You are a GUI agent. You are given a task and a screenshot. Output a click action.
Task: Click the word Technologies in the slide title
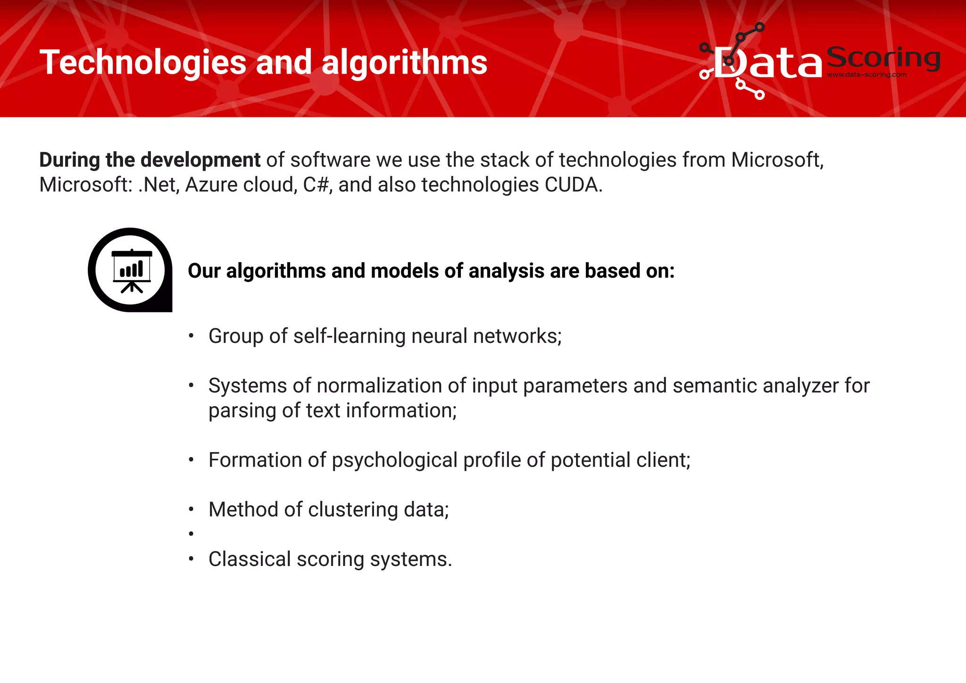point(143,63)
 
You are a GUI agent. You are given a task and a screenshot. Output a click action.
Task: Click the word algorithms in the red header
point(404,62)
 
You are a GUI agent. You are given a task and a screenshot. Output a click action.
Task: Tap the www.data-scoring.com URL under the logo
point(866,75)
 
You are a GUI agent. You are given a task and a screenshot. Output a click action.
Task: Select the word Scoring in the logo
point(883,58)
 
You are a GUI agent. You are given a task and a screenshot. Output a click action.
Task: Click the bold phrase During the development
point(150,160)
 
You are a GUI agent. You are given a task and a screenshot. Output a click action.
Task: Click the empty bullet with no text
point(191,534)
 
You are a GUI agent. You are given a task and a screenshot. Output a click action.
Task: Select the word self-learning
point(349,336)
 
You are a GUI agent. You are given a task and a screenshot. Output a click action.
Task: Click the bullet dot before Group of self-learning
point(191,336)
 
